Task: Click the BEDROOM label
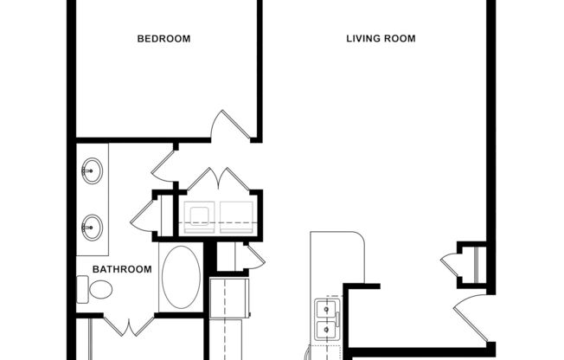[164, 39]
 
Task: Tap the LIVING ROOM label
[381, 39]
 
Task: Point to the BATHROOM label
[122, 269]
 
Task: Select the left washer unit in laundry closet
[200, 217]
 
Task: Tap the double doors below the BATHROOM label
[130, 328]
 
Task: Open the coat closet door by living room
[451, 264]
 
